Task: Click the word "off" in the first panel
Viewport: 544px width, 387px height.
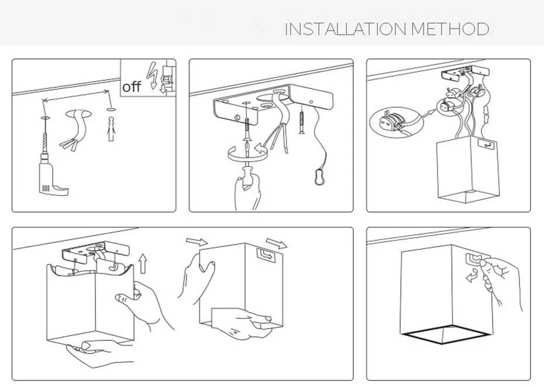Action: click(132, 87)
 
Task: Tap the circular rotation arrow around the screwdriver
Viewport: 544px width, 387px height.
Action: click(246, 153)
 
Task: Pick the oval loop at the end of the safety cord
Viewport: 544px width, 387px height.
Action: click(319, 177)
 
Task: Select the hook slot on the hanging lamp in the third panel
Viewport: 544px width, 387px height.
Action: click(484, 142)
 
